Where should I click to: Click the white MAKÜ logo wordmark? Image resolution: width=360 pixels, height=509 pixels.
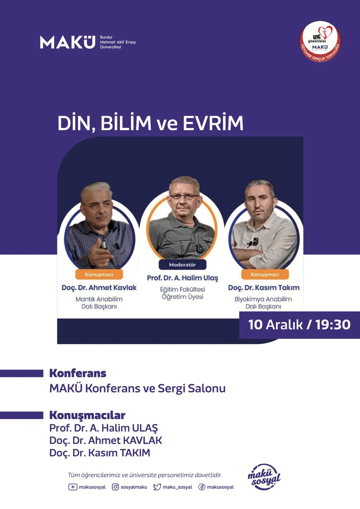click(68, 42)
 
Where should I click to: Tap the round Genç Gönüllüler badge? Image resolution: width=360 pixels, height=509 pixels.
click(320, 42)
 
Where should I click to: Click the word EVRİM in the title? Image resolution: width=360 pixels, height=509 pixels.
click(213, 123)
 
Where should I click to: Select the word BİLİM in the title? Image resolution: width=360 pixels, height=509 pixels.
click(126, 123)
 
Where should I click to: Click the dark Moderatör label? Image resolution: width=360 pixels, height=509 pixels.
click(182, 264)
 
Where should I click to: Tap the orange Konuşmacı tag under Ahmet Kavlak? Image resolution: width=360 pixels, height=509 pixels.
click(99, 274)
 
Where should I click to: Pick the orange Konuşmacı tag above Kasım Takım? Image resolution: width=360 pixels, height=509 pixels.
click(265, 274)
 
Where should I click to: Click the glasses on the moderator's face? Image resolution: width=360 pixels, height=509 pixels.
click(184, 197)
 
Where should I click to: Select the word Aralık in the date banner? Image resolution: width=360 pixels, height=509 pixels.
click(284, 324)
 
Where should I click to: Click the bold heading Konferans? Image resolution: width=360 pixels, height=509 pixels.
click(78, 373)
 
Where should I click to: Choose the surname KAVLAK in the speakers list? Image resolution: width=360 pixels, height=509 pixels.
click(142, 440)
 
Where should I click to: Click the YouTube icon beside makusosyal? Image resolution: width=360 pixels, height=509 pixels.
click(73, 487)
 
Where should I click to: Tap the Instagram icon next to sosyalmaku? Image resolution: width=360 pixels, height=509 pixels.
click(115, 487)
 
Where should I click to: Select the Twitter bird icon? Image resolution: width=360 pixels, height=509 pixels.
click(157, 487)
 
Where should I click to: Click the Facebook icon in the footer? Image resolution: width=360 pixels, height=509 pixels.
click(202, 487)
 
